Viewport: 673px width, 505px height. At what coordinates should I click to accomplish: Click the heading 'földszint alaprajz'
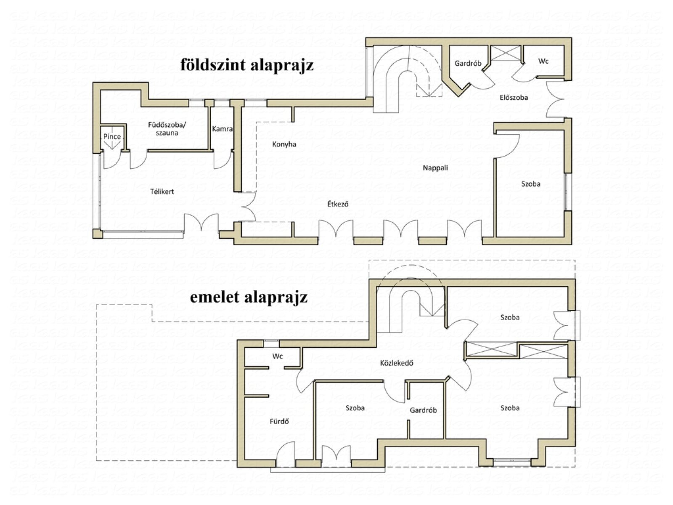(247, 65)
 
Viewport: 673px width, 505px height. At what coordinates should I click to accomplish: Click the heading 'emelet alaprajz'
(249, 298)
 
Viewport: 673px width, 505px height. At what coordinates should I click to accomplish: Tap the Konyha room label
(284, 144)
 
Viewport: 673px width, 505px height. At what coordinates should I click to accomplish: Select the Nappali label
(435, 168)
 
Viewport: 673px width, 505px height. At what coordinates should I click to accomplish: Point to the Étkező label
(338, 204)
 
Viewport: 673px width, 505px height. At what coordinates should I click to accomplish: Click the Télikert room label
(162, 191)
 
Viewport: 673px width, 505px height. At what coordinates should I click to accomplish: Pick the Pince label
(112, 136)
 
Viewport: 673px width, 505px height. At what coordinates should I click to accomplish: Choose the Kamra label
(222, 129)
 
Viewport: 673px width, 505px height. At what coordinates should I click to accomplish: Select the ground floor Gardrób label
(468, 64)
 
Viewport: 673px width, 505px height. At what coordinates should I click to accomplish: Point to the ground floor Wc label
(543, 61)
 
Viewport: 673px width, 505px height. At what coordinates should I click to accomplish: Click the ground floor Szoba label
(531, 184)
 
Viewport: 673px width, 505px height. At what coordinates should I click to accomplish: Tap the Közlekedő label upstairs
(397, 363)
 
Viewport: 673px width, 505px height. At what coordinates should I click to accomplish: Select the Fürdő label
(279, 421)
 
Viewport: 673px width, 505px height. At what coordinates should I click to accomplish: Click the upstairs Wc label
(278, 356)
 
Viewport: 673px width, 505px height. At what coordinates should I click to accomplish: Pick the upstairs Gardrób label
(423, 410)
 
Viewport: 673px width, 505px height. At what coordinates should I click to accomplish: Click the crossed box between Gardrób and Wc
(506, 53)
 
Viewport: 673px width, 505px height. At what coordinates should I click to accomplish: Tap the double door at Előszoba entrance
(555, 99)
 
